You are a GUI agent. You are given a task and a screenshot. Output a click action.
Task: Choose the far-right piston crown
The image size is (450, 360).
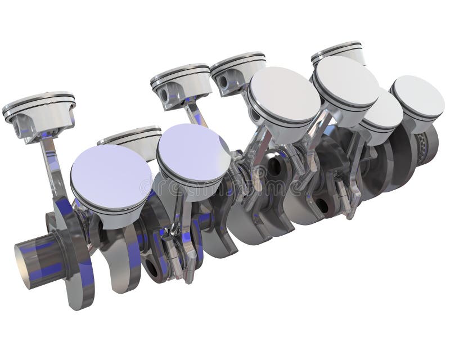pyautogui.click(x=418, y=96)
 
